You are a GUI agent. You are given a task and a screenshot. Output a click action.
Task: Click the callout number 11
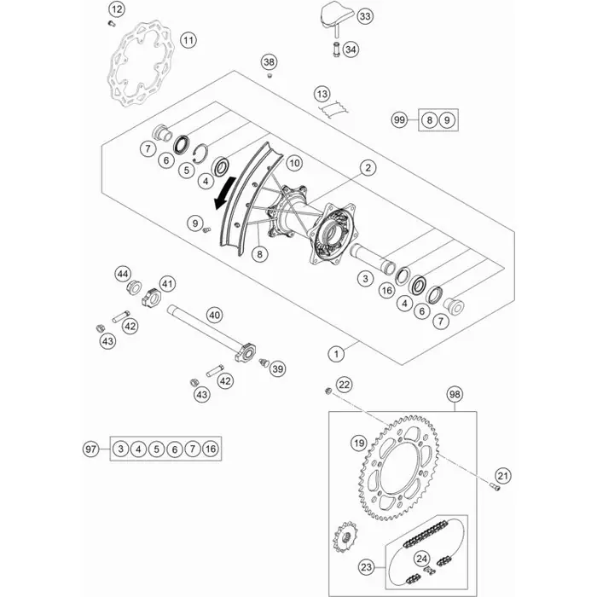[188, 40]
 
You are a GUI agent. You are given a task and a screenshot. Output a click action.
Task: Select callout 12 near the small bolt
[117, 9]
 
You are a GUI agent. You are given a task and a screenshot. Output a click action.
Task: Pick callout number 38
[270, 62]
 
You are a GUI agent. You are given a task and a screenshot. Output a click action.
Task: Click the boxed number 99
[422, 119]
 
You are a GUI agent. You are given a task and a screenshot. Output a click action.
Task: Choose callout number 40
[215, 315]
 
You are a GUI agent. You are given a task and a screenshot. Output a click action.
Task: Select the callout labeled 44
[123, 273]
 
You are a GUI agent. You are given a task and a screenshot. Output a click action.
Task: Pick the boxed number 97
[91, 449]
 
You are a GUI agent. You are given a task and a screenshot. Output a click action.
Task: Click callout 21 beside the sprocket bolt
[503, 475]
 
